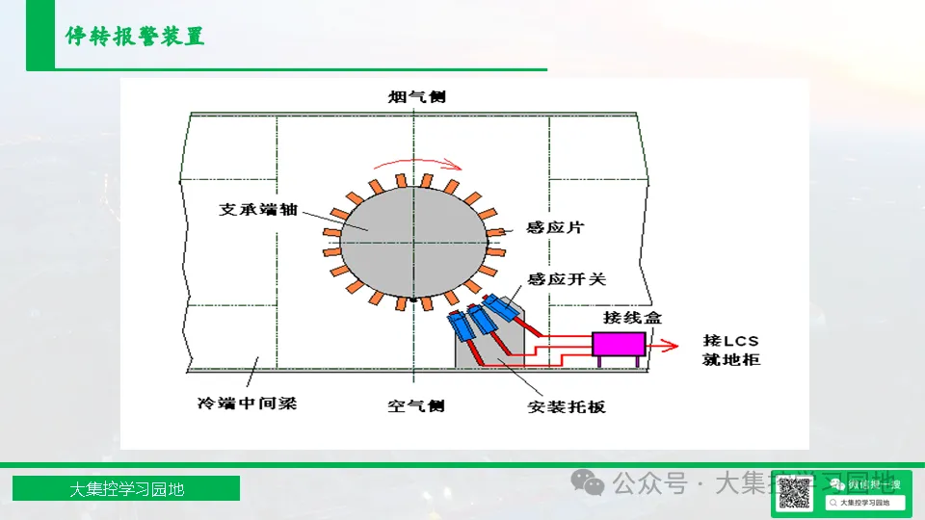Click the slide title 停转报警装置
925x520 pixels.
click(135, 38)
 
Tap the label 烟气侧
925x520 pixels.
click(416, 97)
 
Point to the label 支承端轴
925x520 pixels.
click(257, 209)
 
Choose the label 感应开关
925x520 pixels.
click(567, 279)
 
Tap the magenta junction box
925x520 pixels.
click(619, 344)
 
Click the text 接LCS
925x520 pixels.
click(731, 340)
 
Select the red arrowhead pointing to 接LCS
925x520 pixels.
click(667, 344)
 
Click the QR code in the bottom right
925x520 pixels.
click(794, 493)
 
